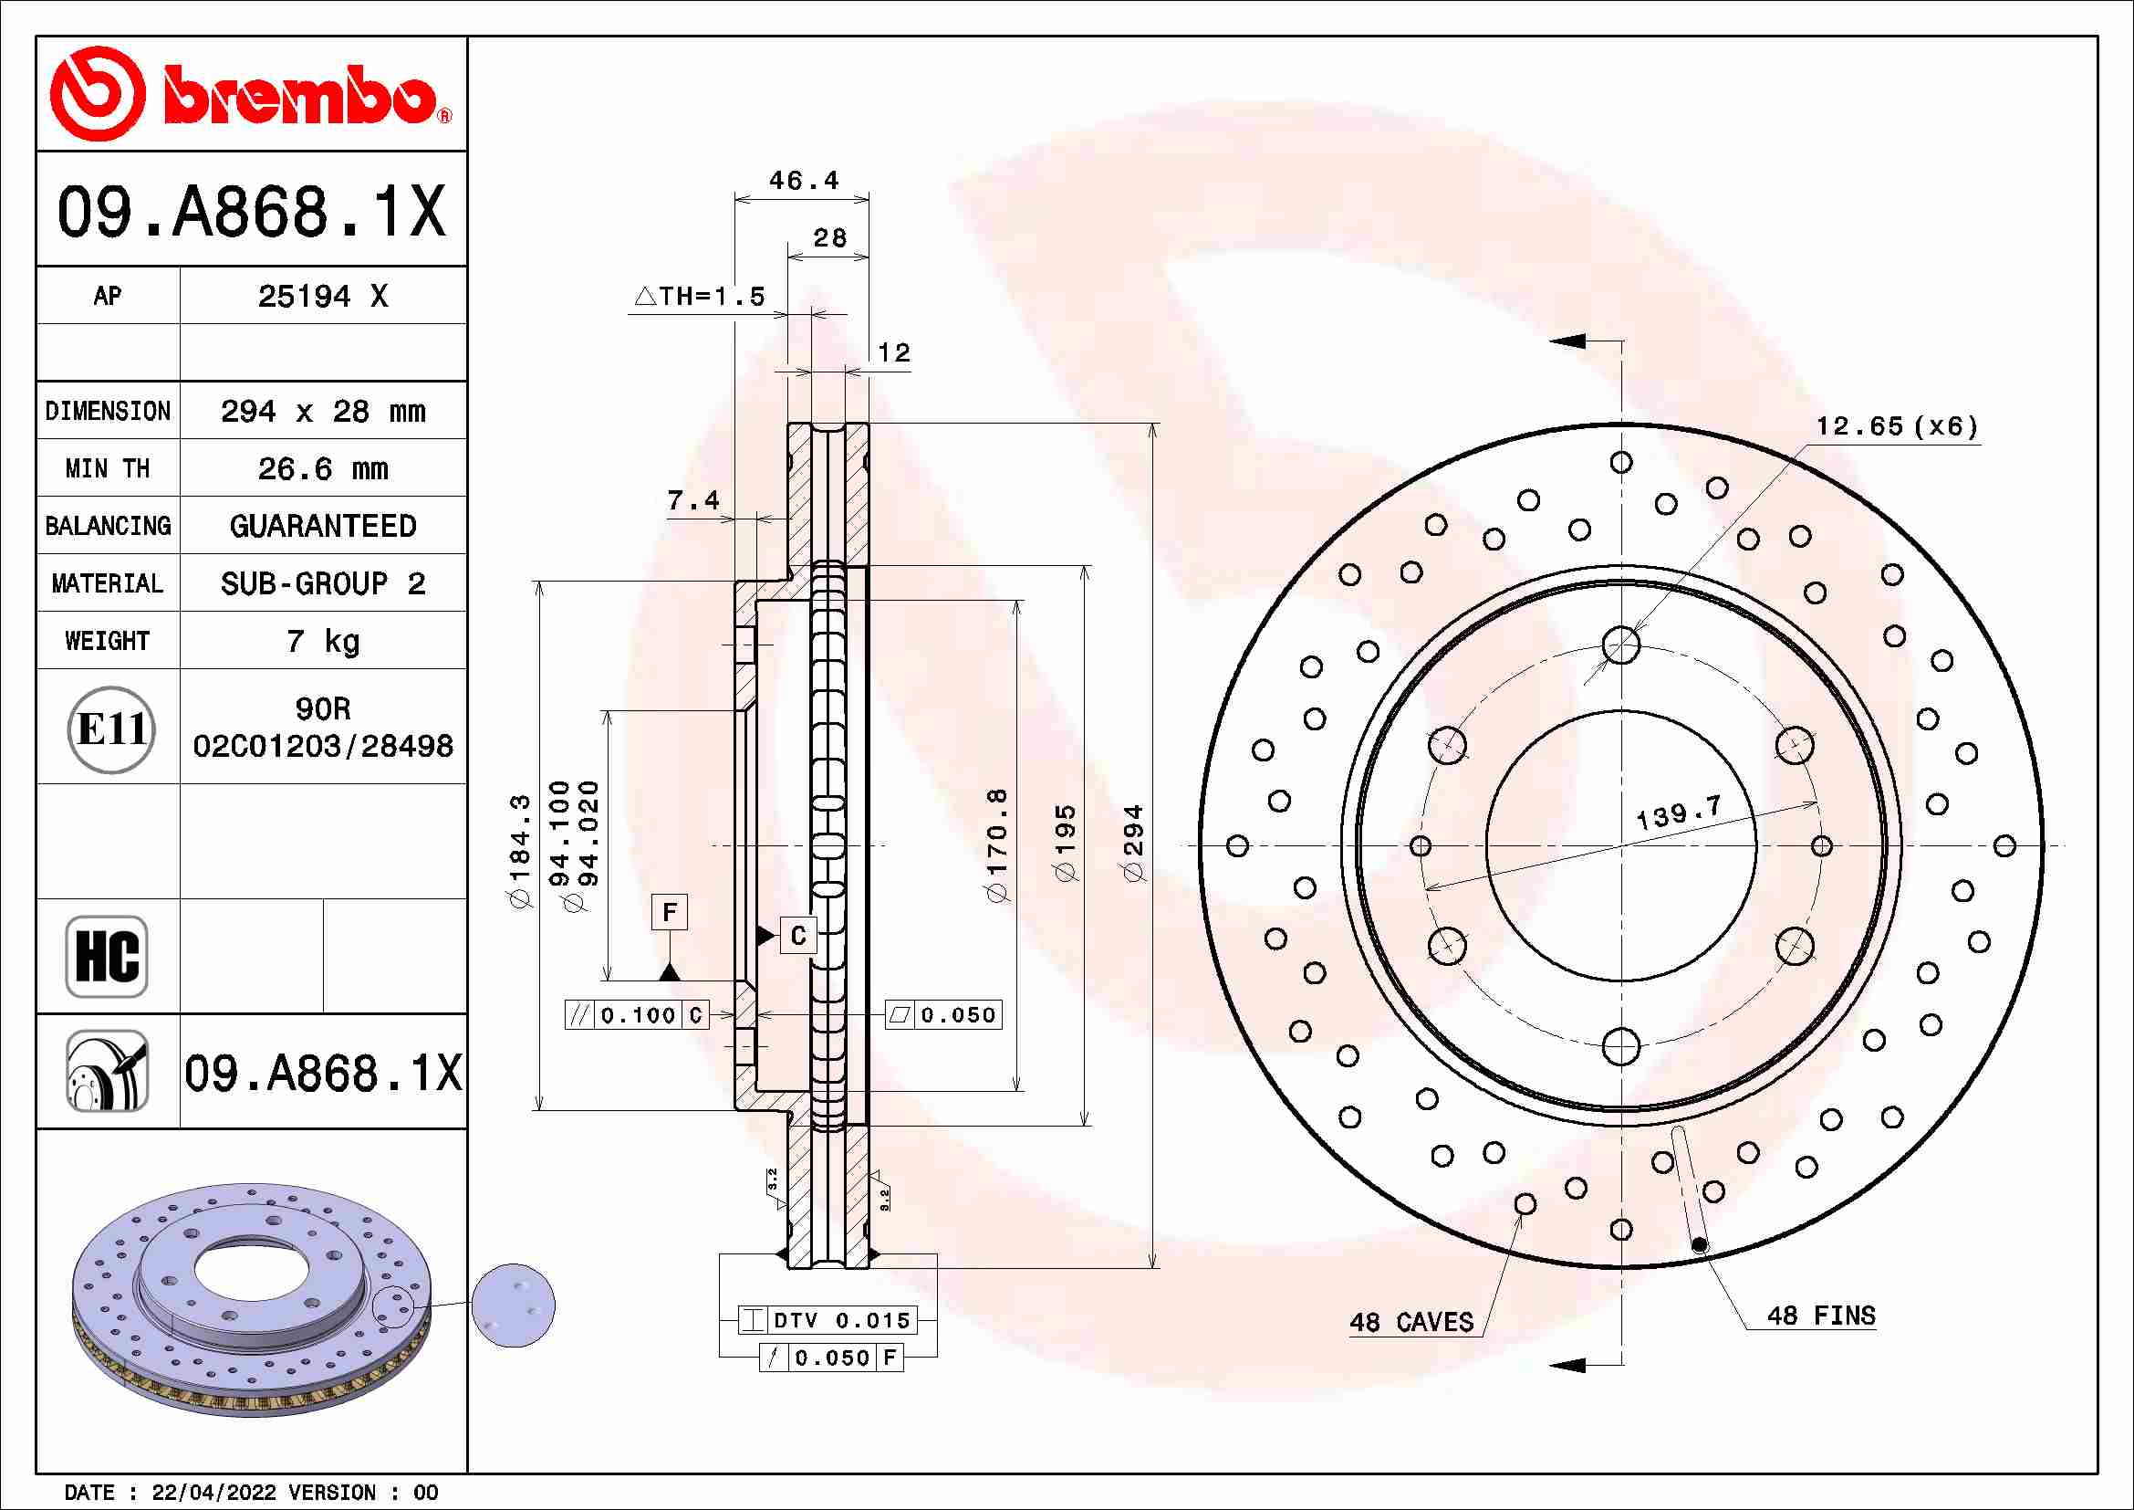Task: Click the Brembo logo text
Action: (299, 96)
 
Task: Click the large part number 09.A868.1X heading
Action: (251, 211)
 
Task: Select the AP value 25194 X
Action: (321, 297)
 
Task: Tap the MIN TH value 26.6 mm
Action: (321, 468)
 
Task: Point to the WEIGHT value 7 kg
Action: (321, 641)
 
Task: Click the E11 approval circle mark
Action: (111, 729)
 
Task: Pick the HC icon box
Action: (107, 956)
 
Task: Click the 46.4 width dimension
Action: (803, 181)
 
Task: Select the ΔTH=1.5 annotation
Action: (699, 297)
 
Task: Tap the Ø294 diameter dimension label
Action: (1133, 844)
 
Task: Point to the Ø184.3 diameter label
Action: (519, 851)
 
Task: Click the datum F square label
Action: (669, 912)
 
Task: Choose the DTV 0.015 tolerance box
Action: (828, 1319)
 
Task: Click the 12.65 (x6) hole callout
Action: (1896, 425)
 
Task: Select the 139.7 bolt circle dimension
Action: (1678, 813)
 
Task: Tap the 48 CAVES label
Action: (1411, 1322)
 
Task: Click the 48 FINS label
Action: (1820, 1316)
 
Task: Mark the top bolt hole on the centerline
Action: (1621, 645)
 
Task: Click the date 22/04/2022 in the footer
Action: (213, 1493)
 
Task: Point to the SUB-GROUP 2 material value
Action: (321, 583)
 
